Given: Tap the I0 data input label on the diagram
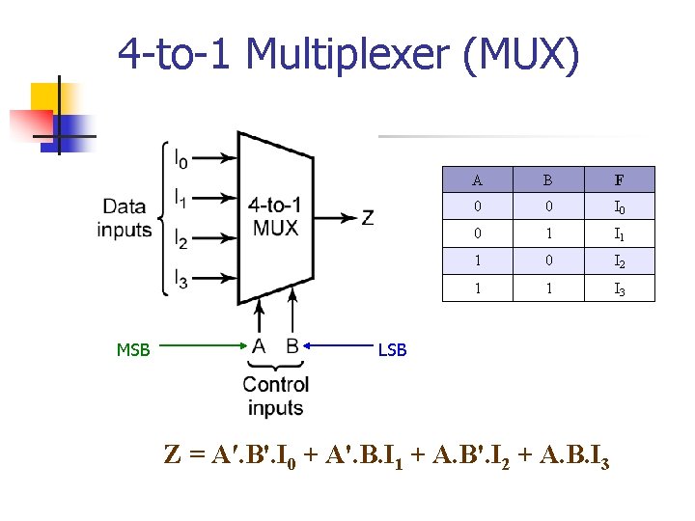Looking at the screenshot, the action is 181,156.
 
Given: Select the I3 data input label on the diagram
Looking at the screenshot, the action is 181,281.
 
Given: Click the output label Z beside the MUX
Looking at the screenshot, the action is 368,218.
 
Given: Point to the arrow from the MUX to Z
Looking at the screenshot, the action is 334,218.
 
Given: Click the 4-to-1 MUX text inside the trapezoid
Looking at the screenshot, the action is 274,217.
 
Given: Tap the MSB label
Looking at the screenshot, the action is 133,350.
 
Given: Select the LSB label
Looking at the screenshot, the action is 392,350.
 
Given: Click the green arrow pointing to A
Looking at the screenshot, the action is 204,344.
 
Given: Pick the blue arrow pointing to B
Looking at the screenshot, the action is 339,344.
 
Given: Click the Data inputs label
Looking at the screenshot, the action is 125,218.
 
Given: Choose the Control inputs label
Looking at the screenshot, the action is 276,397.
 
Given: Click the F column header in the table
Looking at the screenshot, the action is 619,179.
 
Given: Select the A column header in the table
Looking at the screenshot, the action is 478,179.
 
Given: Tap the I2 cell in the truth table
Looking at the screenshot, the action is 619,261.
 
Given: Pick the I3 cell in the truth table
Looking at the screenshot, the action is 619,288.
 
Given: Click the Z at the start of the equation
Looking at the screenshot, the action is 173,455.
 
